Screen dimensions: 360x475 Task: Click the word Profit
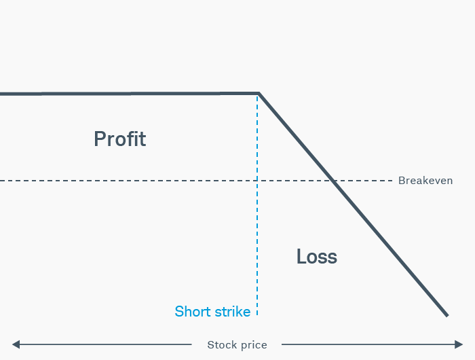119,139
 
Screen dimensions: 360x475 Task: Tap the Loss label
316,257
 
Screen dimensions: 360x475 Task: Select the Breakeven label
425,181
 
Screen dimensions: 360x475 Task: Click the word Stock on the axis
222,345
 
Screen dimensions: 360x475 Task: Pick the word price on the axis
254,345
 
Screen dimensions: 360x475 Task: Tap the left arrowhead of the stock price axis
16,344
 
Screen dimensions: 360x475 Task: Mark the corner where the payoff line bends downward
259,93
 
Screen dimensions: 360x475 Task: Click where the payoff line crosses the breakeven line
332,181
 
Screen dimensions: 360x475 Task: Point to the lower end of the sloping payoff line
447,315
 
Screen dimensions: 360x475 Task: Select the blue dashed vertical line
257,238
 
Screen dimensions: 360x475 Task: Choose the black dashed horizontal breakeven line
136,181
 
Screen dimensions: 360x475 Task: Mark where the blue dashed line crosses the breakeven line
257,181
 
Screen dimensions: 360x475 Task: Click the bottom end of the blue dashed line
257,314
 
